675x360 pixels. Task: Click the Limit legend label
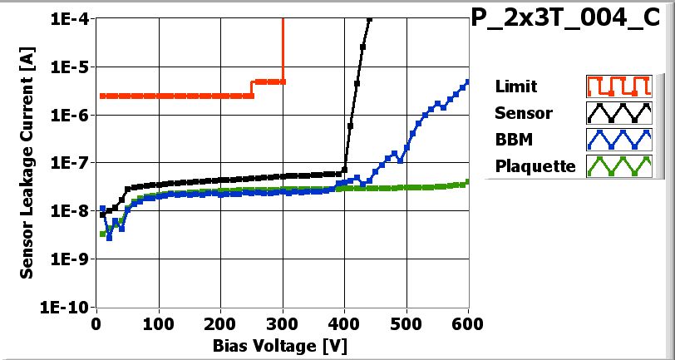click(x=515, y=86)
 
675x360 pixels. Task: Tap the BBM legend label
click(x=512, y=139)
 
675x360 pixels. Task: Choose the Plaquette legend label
click(x=535, y=165)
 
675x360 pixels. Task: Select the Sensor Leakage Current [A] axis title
click(x=27, y=162)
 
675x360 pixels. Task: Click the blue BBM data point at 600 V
click(x=468, y=81)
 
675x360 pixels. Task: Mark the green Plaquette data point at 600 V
click(x=468, y=181)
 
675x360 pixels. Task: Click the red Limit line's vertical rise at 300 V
click(x=283, y=50)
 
